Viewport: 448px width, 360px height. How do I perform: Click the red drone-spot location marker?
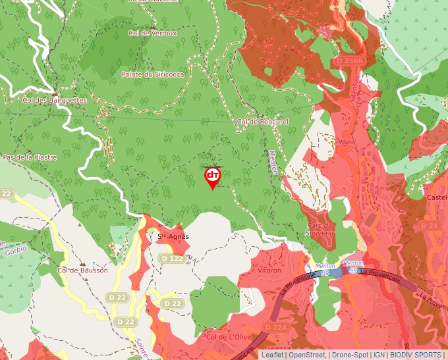(x=212, y=177)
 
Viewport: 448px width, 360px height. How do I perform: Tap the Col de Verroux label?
(x=153, y=33)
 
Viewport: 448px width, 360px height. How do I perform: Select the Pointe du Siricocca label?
(x=152, y=74)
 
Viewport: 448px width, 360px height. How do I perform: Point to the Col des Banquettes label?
(x=55, y=100)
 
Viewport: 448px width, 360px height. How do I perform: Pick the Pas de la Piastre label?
(x=30, y=157)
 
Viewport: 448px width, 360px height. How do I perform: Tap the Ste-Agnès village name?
(x=173, y=236)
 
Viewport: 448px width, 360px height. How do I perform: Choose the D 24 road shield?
(x=430, y=225)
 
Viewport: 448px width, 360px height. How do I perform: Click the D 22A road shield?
(x=277, y=327)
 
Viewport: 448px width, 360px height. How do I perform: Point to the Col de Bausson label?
(x=82, y=270)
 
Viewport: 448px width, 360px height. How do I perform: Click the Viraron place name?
(x=269, y=270)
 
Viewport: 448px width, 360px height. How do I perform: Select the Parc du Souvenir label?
(x=321, y=228)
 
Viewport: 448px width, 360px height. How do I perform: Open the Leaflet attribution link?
(x=272, y=355)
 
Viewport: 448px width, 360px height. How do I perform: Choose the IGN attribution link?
(x=379, y=355)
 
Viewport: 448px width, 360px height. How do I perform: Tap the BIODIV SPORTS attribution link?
(x=416, y=355)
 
